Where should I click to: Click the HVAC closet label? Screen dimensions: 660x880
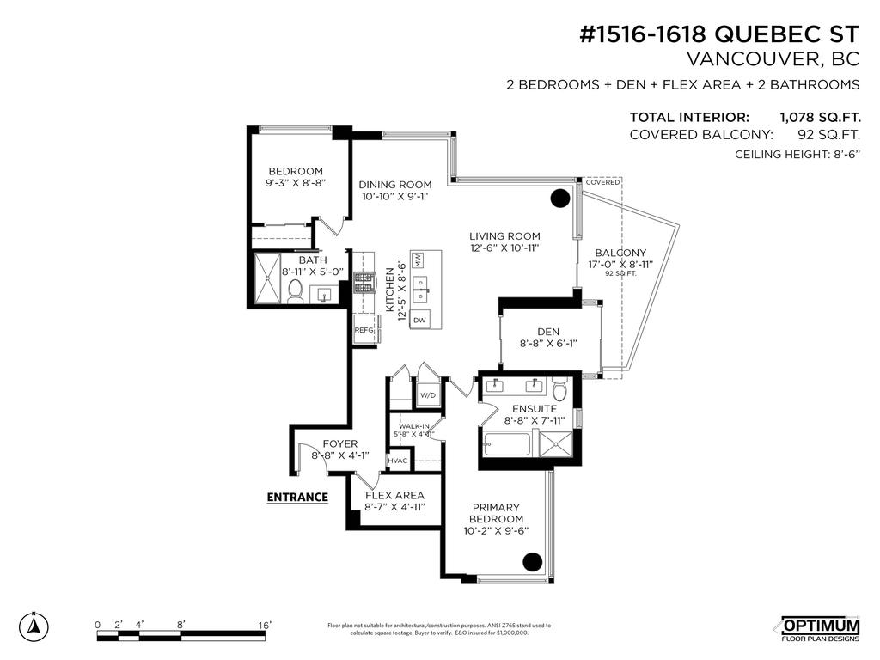398,461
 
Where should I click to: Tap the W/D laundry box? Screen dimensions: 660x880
427,395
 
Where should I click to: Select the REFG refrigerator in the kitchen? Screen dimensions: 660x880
364,330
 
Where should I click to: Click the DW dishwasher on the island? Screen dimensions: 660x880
419,320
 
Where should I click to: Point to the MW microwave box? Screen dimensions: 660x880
419,260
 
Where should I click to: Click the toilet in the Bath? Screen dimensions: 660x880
295,292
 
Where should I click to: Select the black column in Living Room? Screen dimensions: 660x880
559,198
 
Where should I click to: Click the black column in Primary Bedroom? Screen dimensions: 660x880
533,562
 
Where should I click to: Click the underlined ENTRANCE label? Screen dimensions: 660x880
297,497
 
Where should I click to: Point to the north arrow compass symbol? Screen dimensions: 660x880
34,626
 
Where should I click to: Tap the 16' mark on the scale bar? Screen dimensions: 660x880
265,625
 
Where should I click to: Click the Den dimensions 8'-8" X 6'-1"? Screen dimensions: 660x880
547,342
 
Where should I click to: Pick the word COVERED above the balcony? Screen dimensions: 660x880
602,182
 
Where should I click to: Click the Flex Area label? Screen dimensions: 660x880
394,496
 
